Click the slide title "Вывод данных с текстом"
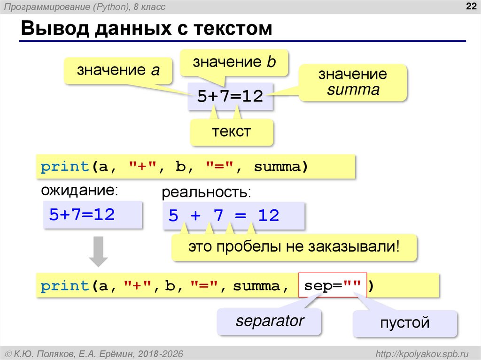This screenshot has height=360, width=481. coord(147,29)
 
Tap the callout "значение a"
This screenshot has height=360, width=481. coord(118,70)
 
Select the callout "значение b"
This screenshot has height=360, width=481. coord(234,62)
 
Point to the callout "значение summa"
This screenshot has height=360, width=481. coord(353,82)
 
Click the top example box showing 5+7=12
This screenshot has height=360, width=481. coord(230,96)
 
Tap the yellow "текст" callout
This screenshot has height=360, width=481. coord(231,131)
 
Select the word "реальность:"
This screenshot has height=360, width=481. coord(206,192)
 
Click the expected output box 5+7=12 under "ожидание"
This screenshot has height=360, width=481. coord(92,214)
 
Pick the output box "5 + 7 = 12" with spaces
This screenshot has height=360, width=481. coord(233,216)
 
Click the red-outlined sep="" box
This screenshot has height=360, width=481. coord(332,286)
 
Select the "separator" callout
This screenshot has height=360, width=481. coord(270,322)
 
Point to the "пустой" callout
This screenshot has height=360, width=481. coord(404,323)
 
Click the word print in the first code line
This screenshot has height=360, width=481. coord(65,167)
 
